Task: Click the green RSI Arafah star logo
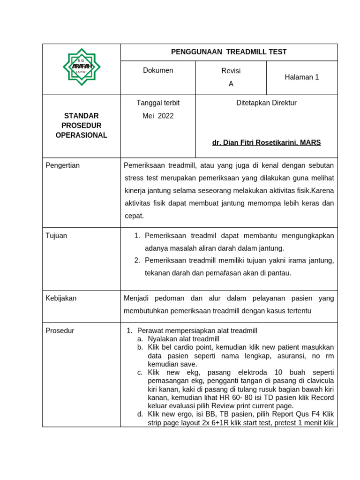coord(82,67)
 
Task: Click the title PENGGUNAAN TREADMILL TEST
coord(229,52)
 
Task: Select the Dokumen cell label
coord(158,70)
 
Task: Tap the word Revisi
coord(231,71)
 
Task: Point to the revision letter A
coord(231,84)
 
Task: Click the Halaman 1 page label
coord(301,77)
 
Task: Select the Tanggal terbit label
coord(158,103)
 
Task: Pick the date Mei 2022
coord(158,116)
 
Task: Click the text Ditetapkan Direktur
coord(266,103)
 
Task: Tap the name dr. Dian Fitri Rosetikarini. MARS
coord(266,142)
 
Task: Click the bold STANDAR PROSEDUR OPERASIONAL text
coord(82,126)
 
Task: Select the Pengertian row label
coord(63,165)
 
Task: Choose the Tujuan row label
coord(56,236)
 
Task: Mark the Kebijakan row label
coord(61,298)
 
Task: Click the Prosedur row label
coord(60,330)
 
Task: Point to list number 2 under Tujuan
coord(137,260)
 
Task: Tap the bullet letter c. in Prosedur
coord(140,372)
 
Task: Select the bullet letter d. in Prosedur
coord(140,414)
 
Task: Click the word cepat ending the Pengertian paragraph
coord(134,216)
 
